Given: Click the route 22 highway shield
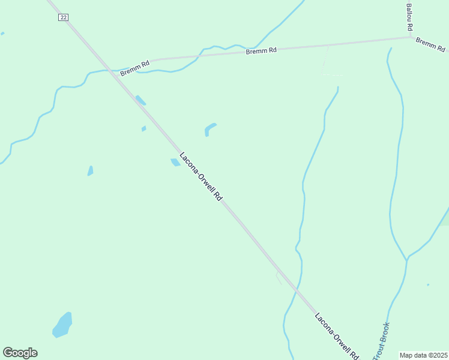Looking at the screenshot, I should (x=63, y=17).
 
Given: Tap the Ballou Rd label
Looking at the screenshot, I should (x=410, y=17).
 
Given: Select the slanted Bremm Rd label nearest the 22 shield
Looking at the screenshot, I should (x=134, y=68).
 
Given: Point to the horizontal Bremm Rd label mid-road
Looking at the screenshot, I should (x=261, y=51).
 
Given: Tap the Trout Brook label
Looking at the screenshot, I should (x=381, y=341).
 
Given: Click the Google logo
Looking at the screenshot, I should (x=20, y=353).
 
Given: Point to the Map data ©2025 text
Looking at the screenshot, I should (x=424, y=355).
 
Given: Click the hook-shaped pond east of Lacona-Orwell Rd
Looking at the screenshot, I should (x=209, y=128).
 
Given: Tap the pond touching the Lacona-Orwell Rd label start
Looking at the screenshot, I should (x=175, y=162).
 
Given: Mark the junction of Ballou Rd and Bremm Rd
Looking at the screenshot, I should (x=411, y=37).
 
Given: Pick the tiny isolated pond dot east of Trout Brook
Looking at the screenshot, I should (x=428, y=284).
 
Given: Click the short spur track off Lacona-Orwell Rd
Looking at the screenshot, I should (x=279, y=278).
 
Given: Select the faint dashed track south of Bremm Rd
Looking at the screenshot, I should (x=325, y=62).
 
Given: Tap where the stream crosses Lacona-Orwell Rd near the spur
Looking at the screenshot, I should (x=297, y=290).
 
